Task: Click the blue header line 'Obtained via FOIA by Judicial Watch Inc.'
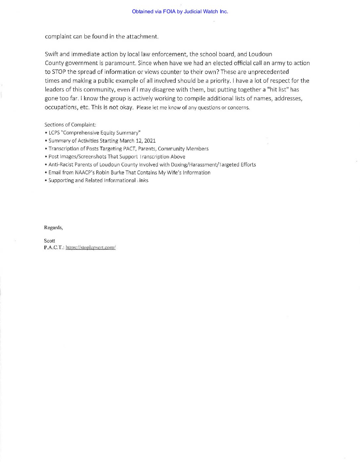click(x=180, y=12)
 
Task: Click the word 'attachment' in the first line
click(x=142, y=36)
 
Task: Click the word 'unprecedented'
click(x=268, y=72)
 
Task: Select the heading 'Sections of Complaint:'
click(x=70, y=125)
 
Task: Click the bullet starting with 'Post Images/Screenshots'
click(x=117, y=157)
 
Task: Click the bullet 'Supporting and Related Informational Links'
click(x=98, y=180)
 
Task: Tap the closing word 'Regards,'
click(x=53, y=228)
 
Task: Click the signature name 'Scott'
click(x=50, y=241)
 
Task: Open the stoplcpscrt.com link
click(x=90, y=248)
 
